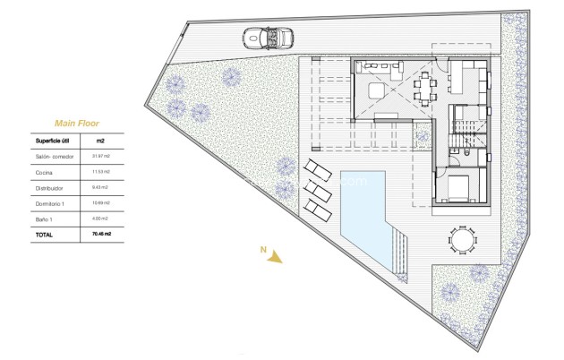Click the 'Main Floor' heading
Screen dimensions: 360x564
(x=76, y=124)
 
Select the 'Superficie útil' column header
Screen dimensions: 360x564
(x=53, y=141)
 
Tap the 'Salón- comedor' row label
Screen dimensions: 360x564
(x=54, y=157)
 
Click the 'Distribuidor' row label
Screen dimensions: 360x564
(x=50, y=187)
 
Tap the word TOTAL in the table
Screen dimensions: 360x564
(x=44, y=235)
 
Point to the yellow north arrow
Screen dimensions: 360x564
(x=275, y=257)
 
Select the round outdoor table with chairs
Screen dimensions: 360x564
(x=461, y=240)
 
